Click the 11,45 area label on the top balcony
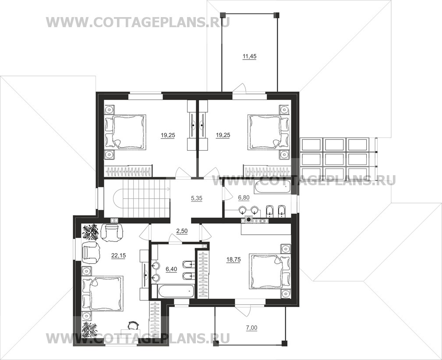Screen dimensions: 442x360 click(249, 56)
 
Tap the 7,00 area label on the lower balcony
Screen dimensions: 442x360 click(252, 328)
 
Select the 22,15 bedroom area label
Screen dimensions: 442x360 click(119, 256)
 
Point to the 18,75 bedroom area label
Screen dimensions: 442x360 click(233, 260)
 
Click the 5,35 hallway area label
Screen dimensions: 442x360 click(197, 198)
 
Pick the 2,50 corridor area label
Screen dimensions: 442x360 click(182, 231)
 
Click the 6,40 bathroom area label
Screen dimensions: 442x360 click(171, 269)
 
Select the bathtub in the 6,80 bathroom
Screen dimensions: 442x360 click(272, 187)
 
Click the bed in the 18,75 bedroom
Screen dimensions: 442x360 click(270, 271)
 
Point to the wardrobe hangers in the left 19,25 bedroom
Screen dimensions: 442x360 click(128, 172)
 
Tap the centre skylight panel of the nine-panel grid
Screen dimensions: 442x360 click(335, 159)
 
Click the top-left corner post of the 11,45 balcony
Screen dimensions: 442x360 click(223, 15)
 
